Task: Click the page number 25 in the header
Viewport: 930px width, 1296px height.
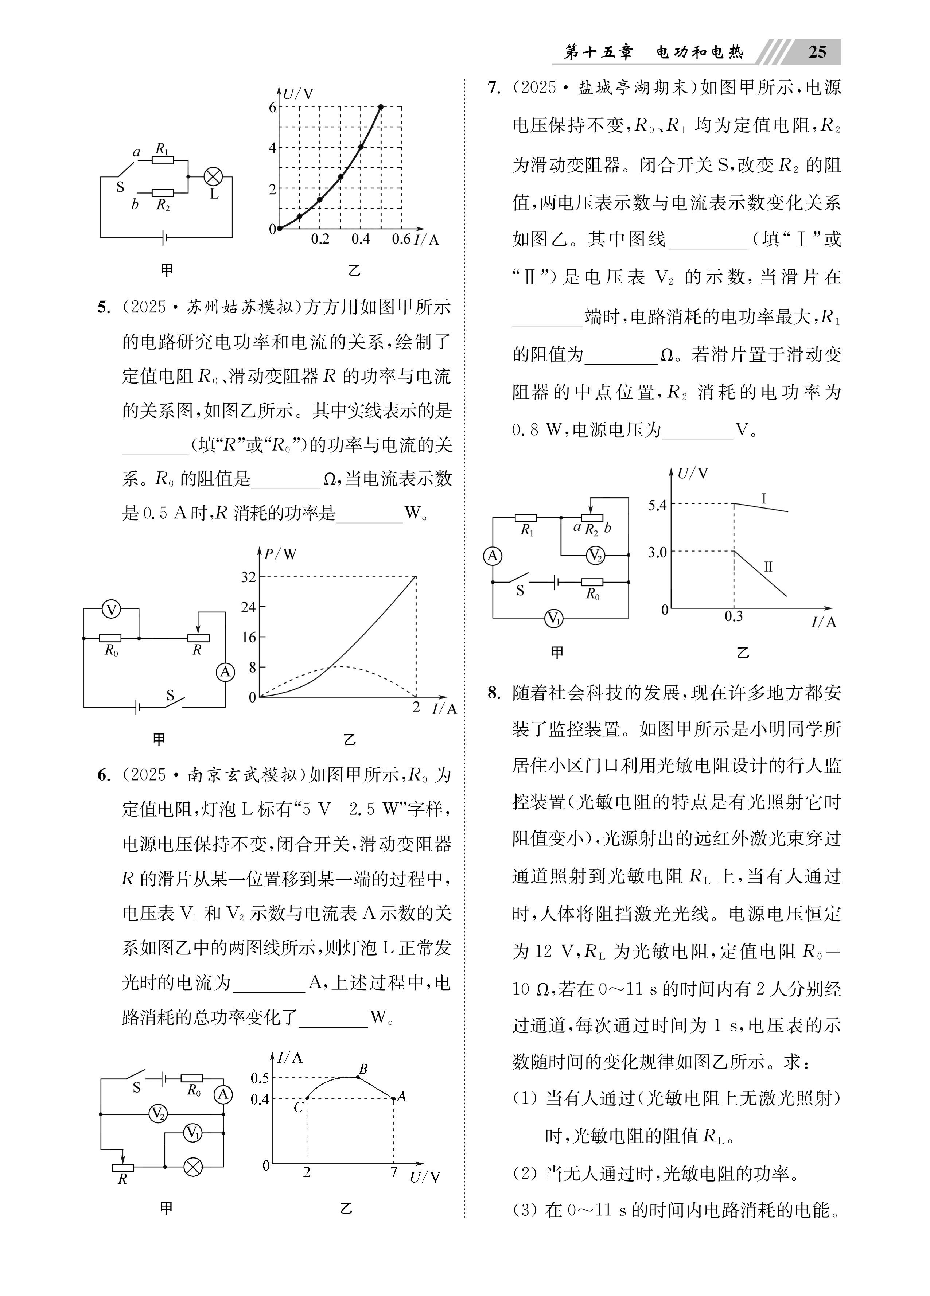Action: pos(817,52)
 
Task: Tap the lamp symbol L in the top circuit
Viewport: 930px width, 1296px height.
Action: pos(213,176)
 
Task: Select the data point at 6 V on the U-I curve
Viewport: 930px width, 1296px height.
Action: pos(381,107)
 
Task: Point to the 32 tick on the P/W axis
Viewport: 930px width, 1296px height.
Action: pos(248,577)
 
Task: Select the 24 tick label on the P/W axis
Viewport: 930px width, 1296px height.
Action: pos(248,607)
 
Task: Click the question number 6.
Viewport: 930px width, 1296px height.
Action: pos(104,775)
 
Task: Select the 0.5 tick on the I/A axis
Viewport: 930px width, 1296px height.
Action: pos(260,1078)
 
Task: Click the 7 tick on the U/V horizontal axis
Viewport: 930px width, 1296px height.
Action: pos(393,1172)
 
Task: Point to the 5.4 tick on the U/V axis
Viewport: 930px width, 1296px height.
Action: pos(657,505)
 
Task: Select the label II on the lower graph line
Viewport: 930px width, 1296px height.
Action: pos(768,567)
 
